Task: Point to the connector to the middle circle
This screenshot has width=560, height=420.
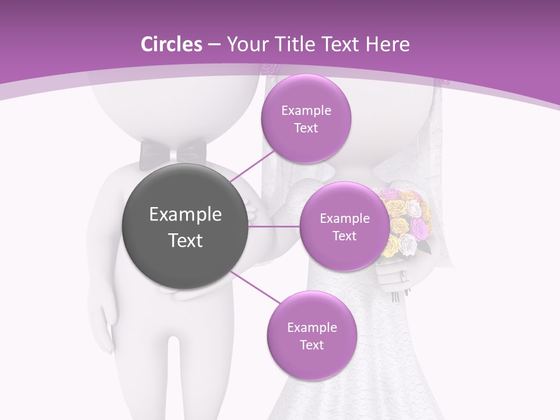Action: [x=274, y=226]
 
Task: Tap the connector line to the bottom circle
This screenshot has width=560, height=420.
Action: [x=255, y=287]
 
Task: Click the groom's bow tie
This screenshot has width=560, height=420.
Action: [x=173, y=153]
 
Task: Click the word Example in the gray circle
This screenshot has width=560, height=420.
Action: [x=185, y=215]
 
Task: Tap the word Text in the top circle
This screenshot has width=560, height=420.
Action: [x=306, y=128]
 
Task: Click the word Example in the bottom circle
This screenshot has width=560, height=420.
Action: [x=311, y=328]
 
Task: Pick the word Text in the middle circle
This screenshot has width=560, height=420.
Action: [x=344, y=236]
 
